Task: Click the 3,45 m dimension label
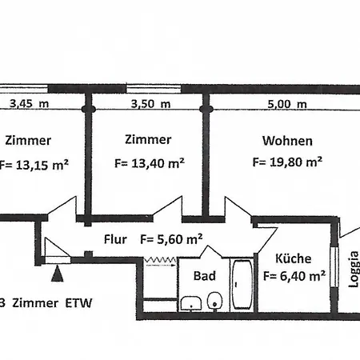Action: (29, 103)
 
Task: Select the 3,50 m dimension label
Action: (150, 103)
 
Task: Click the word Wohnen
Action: (287, 141)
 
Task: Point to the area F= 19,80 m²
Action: (286, 161)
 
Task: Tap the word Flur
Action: (116, 238)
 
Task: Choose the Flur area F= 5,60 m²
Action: (170, 238)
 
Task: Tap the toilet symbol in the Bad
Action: (214, 302)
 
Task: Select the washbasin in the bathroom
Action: (190, 302)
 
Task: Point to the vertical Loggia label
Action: (353, 270)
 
